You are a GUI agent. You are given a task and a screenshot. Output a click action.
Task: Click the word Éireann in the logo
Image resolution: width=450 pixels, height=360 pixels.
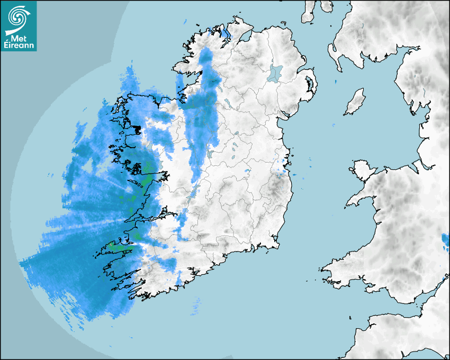pyautogui.click(x=19, y=46)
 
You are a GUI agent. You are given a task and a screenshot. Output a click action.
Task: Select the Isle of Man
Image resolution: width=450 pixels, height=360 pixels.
pyautogui.click(x=355, y=102)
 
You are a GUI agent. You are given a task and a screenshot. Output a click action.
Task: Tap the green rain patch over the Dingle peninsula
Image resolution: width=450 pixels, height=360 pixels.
pyautogui.click(x=121, y=246)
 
